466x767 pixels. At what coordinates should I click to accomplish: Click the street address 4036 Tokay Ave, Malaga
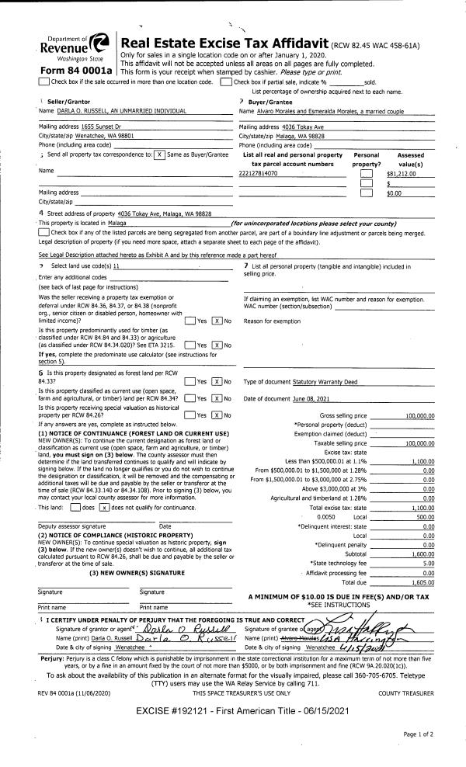[x=169, y=213]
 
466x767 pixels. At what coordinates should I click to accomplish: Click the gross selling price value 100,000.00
[x=419, y=416]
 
